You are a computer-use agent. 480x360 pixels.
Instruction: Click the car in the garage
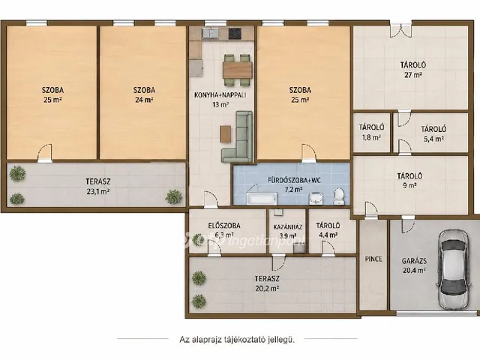point(453,270)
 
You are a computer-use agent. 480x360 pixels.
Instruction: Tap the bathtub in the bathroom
point(262,199)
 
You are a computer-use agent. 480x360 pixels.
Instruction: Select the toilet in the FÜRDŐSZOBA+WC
point(338,196)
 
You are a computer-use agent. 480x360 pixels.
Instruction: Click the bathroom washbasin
point(316,198)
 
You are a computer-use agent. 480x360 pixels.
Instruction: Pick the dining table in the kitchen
point(238,70)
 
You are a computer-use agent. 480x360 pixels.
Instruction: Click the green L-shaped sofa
point(238,136)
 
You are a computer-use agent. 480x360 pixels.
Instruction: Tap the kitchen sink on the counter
point(210,33)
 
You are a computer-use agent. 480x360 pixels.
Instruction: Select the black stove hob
point(235,33)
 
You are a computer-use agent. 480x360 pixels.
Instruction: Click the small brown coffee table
point(225,133)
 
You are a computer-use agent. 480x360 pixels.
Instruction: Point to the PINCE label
point(373,259)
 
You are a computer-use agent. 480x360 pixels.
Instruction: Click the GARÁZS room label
point(414,261)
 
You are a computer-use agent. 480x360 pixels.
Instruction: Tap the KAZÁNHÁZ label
point(288,227)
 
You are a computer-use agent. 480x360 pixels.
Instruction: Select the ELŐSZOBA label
point(224,226)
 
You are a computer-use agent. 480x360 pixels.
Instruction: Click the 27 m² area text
point(413,75)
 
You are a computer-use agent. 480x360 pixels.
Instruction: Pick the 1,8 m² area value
point(371,137)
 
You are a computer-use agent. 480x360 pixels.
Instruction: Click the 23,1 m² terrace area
point(98,192)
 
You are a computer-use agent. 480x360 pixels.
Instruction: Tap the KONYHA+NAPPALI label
point(220,95)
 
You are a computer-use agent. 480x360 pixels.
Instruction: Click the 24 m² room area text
point(144,100)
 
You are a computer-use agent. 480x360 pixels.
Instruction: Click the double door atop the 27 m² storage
point(400,30)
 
